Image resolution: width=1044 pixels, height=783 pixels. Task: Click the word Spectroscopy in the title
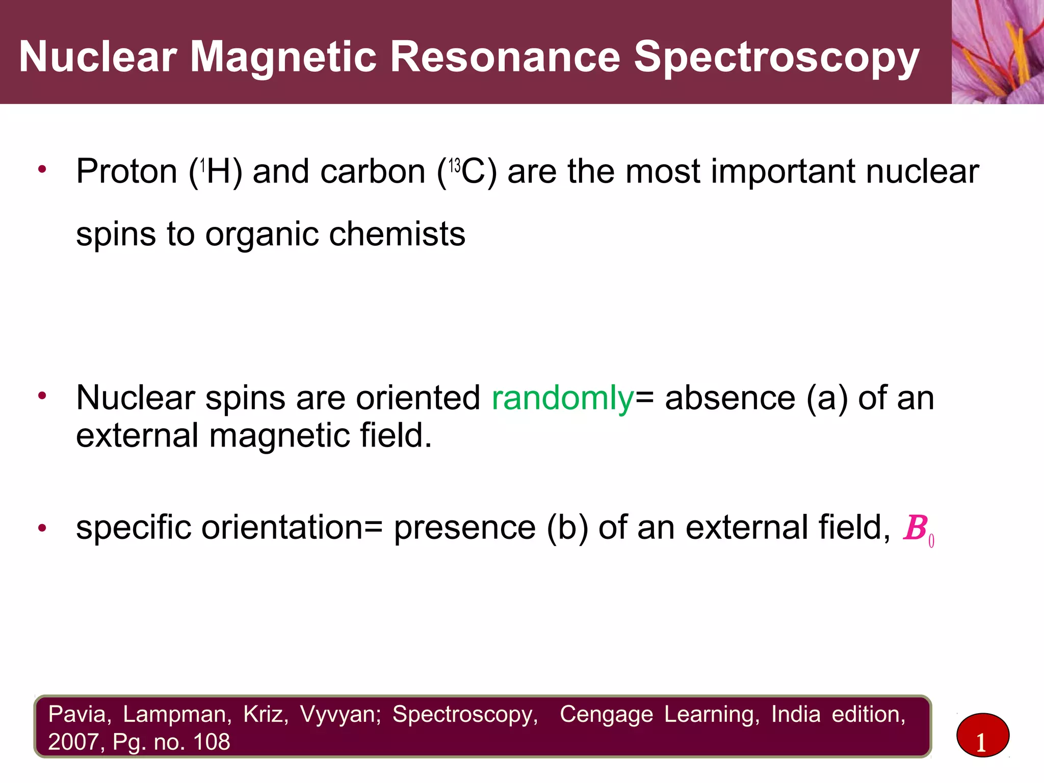click(x=776, y=57)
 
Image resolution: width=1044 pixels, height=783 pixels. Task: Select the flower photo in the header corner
click(x=998, y=52)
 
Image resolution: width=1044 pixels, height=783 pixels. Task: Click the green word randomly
click(x=562, y=398)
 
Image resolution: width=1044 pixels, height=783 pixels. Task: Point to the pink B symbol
click(x=915, y=528)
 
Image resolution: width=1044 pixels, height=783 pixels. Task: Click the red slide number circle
click(x=982, y=736)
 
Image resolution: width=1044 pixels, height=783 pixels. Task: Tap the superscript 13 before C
click(x=454, y=166)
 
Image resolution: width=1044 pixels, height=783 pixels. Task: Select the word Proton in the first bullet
click(x=126, y=171)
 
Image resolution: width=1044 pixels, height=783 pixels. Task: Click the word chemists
click(x=397, y=234)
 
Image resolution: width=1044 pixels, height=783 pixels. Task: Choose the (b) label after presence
click(x=567, y=528)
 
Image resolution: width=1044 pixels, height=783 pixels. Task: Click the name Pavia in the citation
click(x=80, y=715)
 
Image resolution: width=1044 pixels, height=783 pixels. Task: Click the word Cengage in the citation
click(x=606, y=715)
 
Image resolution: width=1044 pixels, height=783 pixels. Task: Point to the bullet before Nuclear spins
click(x=42, y=396)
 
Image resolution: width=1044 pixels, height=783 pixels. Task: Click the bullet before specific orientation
click(x=42, y=528)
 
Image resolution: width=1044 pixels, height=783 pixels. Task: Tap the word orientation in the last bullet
click(x=282, y=528)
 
